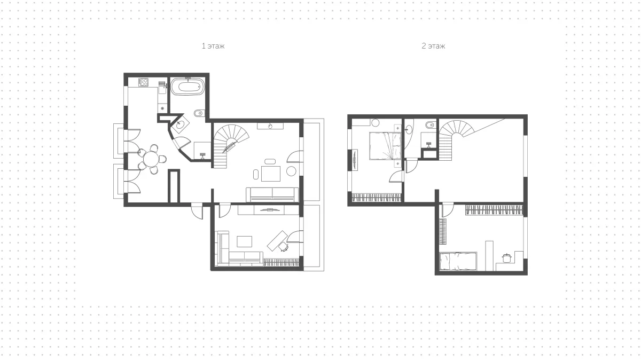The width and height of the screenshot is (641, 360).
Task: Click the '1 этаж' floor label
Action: [213, 46]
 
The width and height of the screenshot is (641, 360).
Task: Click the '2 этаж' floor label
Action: [433, 46]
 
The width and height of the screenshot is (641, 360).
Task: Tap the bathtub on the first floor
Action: [187, 87]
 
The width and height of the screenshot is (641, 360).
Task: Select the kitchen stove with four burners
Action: [143, 82]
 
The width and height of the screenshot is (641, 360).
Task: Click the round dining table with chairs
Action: [151, 159]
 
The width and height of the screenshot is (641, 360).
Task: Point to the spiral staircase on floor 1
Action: [229, 146]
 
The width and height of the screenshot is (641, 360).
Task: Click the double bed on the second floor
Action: [385, 146]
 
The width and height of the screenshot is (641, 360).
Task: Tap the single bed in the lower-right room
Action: [458, 261]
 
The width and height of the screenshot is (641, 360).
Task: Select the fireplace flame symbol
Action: [270, 126]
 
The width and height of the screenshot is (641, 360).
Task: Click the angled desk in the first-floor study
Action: [277, 241]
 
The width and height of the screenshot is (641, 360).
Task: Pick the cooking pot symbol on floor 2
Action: [507, 258]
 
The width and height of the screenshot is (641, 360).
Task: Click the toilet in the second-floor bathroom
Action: [431, 125]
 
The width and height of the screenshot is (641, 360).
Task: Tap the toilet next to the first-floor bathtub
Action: [199, 113]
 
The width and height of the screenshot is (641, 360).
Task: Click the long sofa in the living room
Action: [272, 195]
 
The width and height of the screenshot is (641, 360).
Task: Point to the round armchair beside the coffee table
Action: [291, 171]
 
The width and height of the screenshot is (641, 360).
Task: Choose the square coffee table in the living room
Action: [271, 174]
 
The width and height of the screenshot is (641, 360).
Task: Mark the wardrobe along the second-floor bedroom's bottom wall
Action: [376, 198]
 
